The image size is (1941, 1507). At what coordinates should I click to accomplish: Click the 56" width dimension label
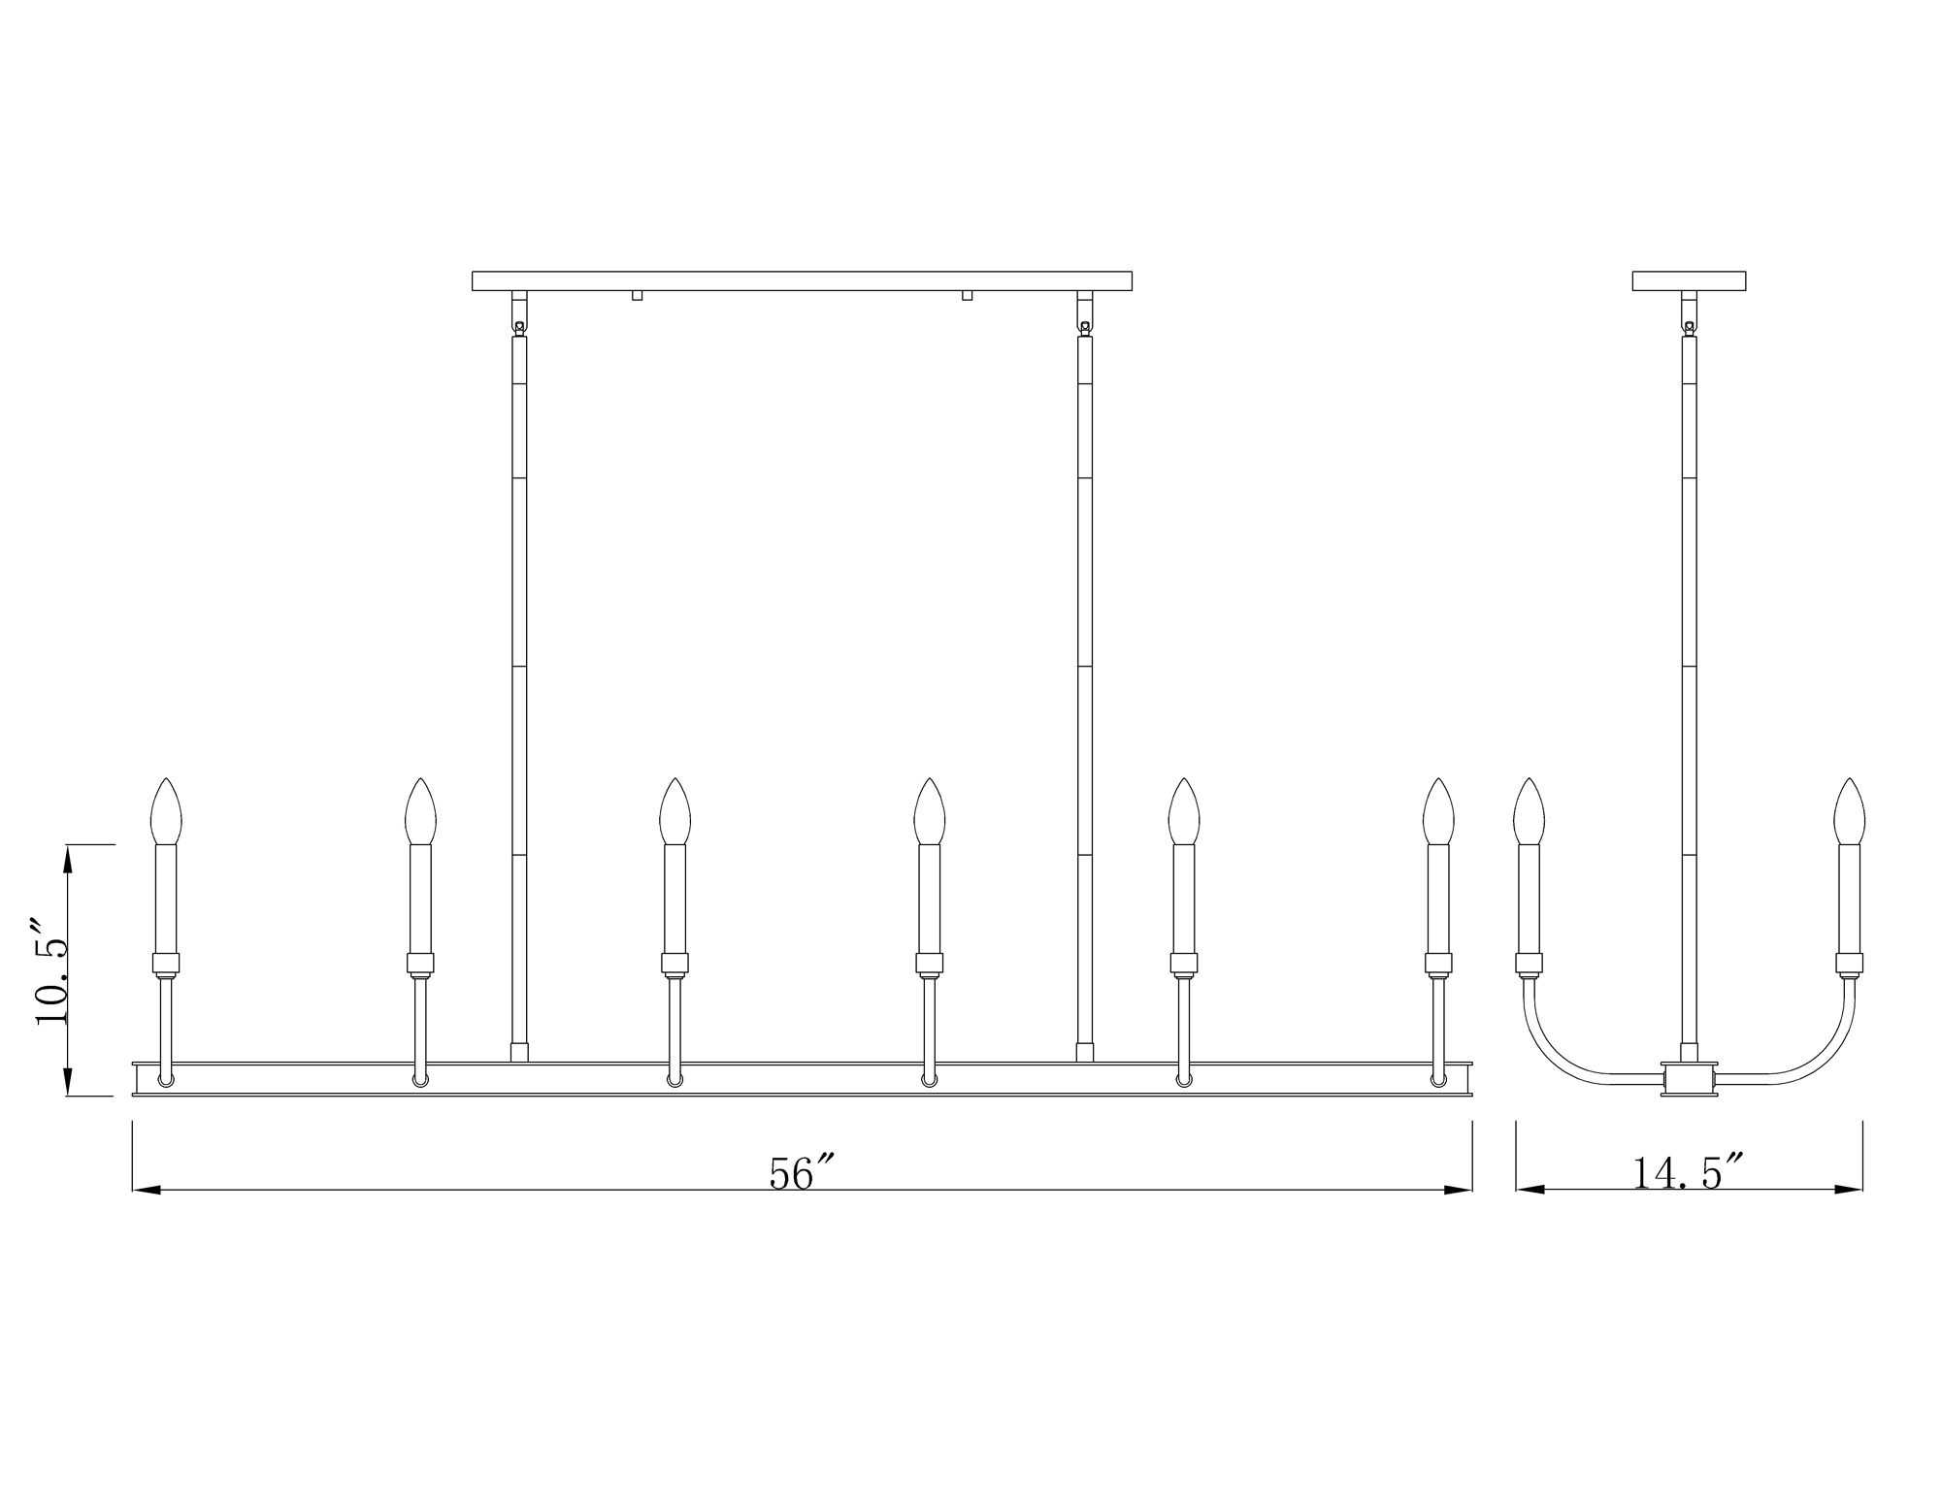[802, 1173]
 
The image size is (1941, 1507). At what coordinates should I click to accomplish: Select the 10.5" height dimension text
[52, 969]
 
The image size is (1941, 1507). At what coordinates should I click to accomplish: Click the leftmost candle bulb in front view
[167, 812]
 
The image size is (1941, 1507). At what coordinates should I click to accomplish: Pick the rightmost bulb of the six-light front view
[1438, 812]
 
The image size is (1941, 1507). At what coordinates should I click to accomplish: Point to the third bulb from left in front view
[674, 812]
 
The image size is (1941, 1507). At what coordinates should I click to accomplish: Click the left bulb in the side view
[1529, 812]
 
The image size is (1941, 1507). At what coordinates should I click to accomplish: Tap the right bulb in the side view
[1849, 812]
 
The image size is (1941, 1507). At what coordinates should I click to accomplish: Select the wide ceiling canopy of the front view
[802, 281]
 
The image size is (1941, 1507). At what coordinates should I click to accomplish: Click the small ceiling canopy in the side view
[1689, 281]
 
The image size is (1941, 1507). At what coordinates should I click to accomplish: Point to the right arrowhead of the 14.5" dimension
[1850, 1190]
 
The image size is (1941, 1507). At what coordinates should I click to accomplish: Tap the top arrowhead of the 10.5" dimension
[68, 858]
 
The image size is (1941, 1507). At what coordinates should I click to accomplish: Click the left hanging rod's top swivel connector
[519, 326]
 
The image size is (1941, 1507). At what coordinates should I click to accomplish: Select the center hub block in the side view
[1690, 1079]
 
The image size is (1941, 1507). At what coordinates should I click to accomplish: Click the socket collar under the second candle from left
[420, 964]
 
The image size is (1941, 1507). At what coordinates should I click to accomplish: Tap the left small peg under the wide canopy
[637, 296]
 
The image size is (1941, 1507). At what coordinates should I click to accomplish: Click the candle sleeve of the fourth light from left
[929, 898]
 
